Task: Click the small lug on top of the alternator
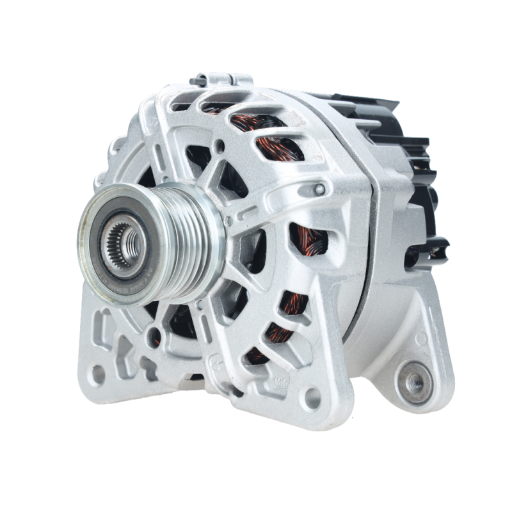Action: [x=218, y=79]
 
